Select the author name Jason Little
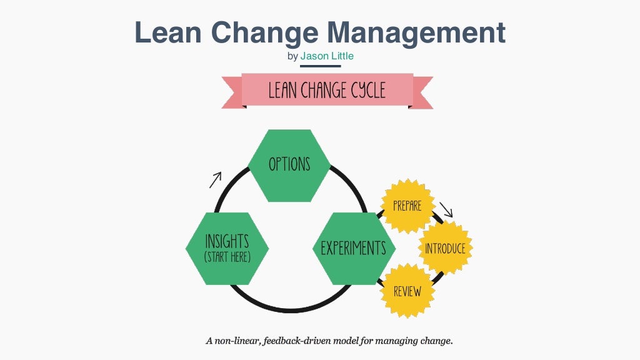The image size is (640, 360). (x=327, y=56)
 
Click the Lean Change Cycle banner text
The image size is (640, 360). (x=327, y=91)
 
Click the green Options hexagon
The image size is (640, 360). (x=289, y=165)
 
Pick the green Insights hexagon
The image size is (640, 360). (x=227, y=248)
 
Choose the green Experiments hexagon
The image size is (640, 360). (x=353, y=248)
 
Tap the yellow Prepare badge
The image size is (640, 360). (x=407, y=206)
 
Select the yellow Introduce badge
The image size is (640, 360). (x=445, y=248)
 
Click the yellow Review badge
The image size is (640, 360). (x=407, y=291)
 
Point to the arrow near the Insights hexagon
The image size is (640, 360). (x=215, y=180)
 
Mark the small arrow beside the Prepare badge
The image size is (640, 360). (x=446, y=209)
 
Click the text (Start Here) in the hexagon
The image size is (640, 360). (x=227, y=257)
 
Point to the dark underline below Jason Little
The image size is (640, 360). (x=320, y=66)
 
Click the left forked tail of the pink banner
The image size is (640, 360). (x=232, y=92)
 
